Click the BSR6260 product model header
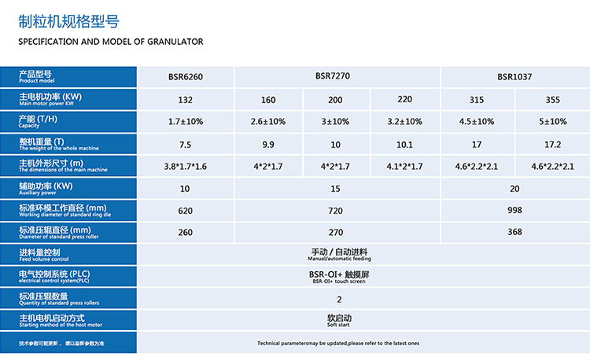coord(186,77)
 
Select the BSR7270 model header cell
coord(338,76)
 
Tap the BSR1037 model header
coord(514,77)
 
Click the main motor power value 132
coord(186,100)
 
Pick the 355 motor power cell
coord(552,100)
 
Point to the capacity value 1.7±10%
coord(186,122)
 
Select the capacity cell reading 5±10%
coord(552,122)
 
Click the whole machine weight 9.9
coord(268,145)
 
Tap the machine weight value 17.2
coord(552,145)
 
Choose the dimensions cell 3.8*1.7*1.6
coord(186,167)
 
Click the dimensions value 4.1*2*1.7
coord(405,167)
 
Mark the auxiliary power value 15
coord(338,189)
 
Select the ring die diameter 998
coord(514,211)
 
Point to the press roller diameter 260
coord(186,233)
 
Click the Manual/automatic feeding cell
coord(338,254)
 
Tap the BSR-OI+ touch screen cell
coord(338,277)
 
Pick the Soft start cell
coord(338,321)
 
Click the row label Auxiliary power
coord(47,189)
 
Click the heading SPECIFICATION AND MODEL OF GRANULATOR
coord(110,41)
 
